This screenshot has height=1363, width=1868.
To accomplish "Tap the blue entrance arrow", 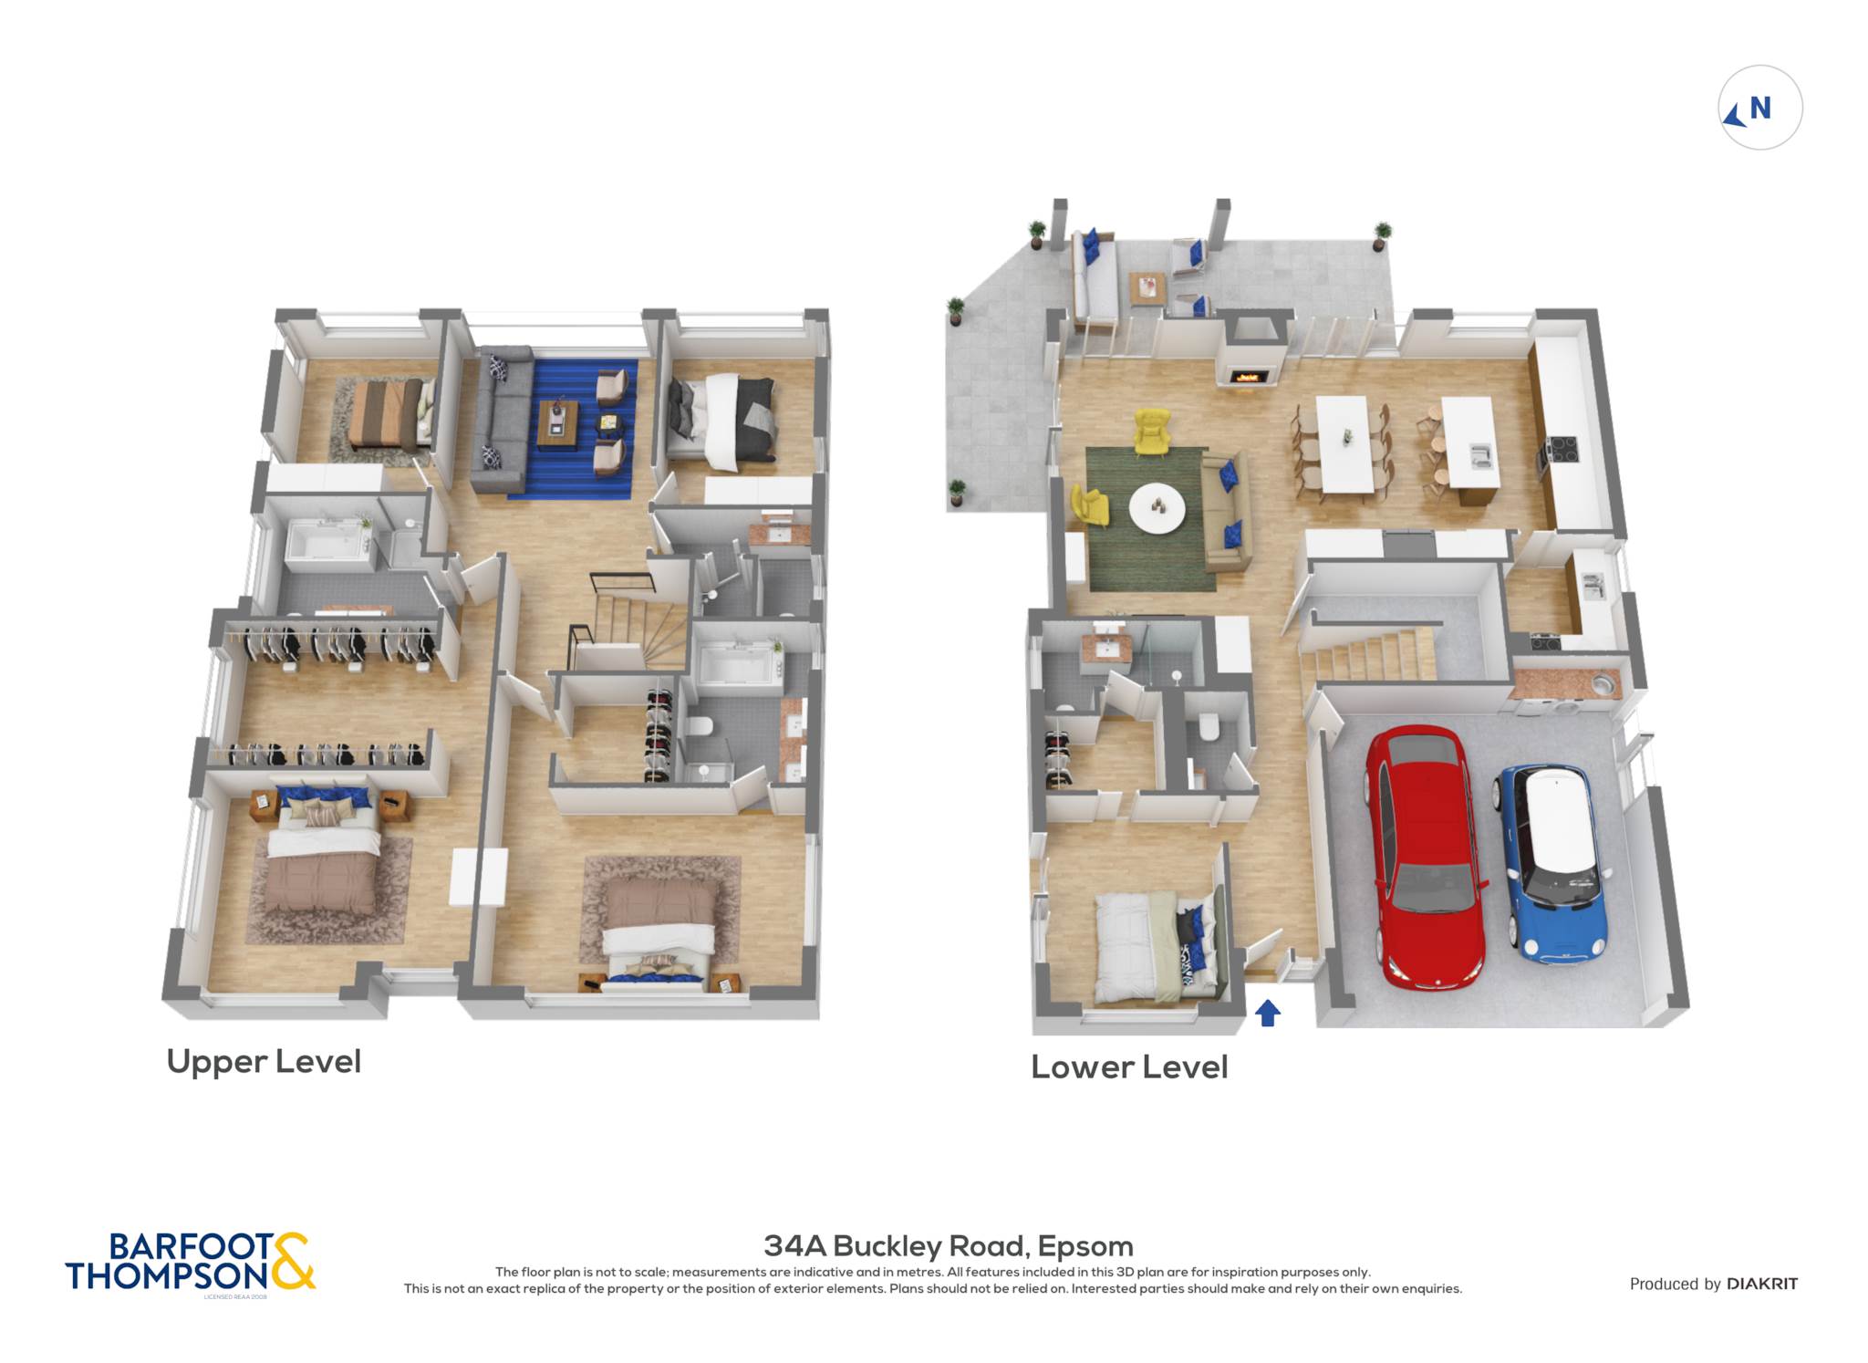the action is coord(1268,1013).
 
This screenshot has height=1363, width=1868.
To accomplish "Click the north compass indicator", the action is coord(1759,108).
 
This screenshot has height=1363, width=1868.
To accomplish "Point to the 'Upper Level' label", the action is coord(264,1061).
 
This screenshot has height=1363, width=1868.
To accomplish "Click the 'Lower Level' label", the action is coord(1129,1066).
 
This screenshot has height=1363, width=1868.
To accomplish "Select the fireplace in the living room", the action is coord(1250,375).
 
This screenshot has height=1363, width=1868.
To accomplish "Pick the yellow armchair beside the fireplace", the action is coord(1153,431).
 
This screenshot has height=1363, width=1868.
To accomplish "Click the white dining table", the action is coord(1344,444).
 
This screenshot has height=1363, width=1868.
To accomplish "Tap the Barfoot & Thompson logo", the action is coord(190,1263).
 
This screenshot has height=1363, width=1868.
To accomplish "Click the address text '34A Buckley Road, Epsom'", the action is coord(949,1245).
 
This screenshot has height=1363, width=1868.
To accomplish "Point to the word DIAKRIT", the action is coord(1762,1284).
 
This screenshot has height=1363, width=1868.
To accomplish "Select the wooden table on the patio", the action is coord(1147,288).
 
